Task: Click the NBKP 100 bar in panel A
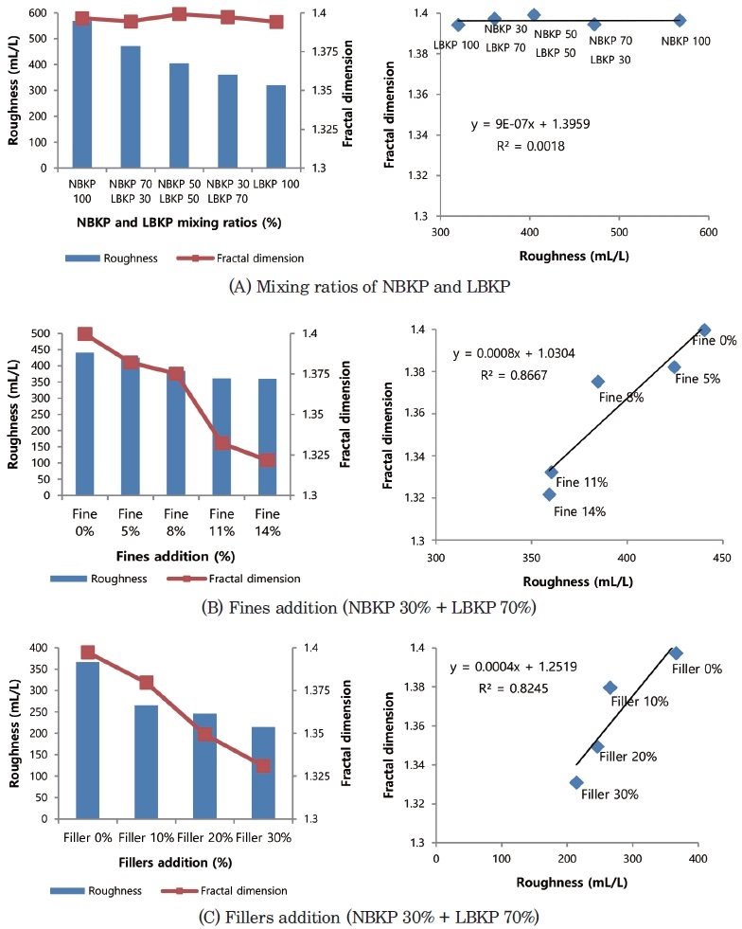82,95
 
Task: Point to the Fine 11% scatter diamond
551,472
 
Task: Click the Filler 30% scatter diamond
576,782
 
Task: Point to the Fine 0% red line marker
85,333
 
